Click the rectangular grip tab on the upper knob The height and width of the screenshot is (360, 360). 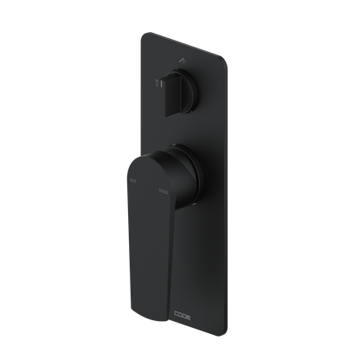[158, 86]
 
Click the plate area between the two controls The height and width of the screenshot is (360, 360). [186, 125]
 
